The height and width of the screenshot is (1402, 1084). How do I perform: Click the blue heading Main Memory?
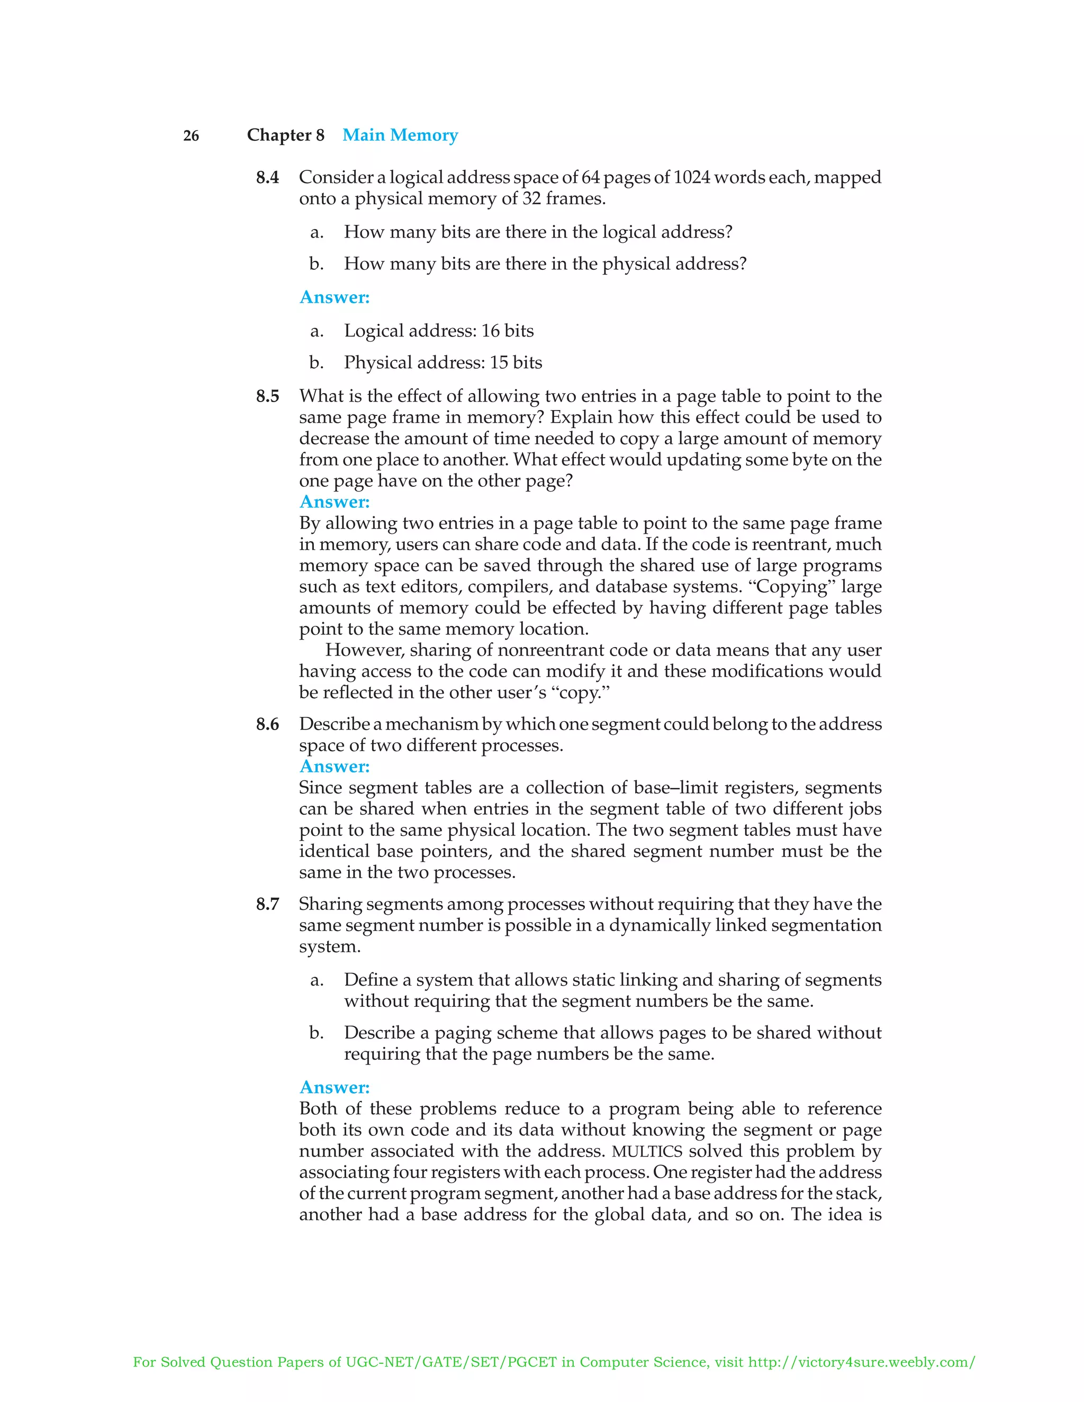pos(400,135)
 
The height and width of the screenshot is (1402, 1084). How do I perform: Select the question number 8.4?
pos(267,177)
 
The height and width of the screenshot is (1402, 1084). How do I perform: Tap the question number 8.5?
pos(267,396)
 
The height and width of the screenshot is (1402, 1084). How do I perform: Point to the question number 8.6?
pos(267,724)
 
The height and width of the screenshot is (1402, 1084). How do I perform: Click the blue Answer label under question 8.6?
pos(335,767)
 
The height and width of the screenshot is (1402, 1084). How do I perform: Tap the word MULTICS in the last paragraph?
pos(647,1151)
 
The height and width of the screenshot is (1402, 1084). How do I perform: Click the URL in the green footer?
pos(862,1362)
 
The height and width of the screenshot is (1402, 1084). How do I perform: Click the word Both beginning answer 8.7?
pos(319,1108)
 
